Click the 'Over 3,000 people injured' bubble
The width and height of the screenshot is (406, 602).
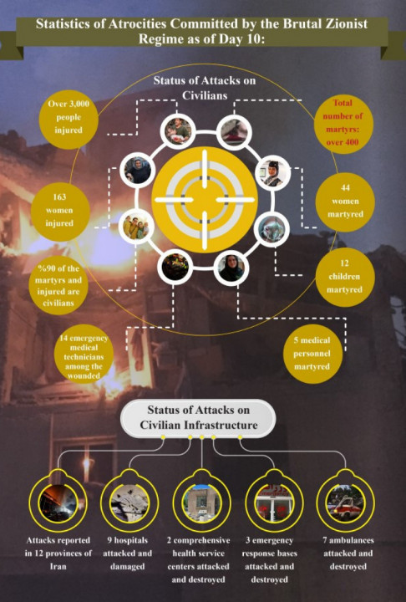[x=69, y=120]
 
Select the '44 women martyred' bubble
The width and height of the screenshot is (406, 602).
[x=345, y=202]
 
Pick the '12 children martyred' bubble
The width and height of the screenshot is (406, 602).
[x=345, y=278]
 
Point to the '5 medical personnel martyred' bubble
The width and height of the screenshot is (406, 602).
[x=312, y=354]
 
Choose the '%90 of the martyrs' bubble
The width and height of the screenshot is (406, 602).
[x=58, y=286]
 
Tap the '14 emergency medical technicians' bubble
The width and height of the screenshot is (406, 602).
[x=84, y=354]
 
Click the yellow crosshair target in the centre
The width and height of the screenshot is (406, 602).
[x=205, y=200]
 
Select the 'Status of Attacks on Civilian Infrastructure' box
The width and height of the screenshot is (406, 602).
[x=198, y=418]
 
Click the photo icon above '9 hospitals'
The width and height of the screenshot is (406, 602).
[x=129, y=503]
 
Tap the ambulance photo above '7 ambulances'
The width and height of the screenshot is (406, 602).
[x=345, y=503]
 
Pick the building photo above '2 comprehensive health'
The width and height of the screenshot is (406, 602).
[x=202, y=503]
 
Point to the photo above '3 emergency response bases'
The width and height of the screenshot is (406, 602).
[x=274, y=503]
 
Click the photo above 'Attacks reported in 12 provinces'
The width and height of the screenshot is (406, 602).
[x=58, y=503]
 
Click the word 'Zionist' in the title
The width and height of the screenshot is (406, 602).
[x=344, y=23]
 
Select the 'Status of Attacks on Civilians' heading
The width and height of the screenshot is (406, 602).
[x=205, y=88]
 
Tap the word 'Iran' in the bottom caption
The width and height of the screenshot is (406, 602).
[x=58, y=567]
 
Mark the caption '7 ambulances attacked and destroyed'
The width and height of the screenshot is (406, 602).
[x=348, y=554]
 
